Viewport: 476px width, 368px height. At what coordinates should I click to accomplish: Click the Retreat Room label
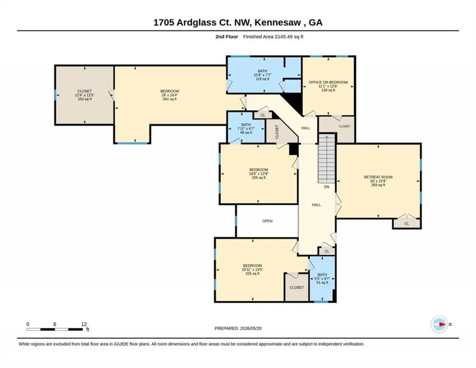coord(378,177)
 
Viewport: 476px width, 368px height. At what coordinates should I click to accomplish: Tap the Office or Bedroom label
coord(328,82)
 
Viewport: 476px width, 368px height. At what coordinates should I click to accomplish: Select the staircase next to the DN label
coord(326,159)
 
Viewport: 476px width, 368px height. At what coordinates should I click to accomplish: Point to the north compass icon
coord(439,324)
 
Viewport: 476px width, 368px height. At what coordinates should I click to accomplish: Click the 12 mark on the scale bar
coord(84,324)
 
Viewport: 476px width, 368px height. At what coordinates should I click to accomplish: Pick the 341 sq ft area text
coord(170,99)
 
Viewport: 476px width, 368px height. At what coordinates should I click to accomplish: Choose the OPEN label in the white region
coord(267,221)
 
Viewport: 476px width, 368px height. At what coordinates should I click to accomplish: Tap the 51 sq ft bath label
coord(322,283)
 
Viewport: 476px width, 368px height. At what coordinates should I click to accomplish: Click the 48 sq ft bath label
coord(246,133)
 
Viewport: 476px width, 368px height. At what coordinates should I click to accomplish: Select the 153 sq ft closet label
coord(85,99)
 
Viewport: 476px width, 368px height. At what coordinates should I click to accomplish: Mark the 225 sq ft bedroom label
coord(252,274)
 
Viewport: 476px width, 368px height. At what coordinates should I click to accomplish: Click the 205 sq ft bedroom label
coord(259,177)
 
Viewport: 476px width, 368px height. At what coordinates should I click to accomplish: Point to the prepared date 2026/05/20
coord(251,328)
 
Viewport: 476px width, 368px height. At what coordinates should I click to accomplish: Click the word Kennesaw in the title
coord(278,23)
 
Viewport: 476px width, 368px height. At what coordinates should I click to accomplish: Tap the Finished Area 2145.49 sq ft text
coord(273,37)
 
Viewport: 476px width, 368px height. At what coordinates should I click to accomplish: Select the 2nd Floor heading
coord(227,37)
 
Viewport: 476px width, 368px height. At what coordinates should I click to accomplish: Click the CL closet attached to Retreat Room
coord(407,224)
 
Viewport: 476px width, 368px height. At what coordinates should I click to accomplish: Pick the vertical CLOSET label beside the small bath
coord(277,132)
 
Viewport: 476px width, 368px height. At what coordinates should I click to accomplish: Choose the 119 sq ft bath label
coord(262,79)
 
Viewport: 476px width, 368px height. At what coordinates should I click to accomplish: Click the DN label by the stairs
coord(327,187)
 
